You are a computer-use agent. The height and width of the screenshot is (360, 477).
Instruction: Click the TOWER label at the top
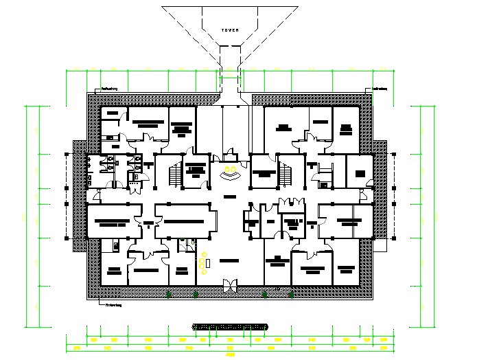click(229, 31)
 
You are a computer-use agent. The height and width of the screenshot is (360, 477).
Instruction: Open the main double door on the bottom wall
click(230, 284)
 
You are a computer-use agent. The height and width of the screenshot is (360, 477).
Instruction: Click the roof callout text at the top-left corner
click(110, 88)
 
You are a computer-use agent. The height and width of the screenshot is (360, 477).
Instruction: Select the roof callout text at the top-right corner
click(380, 88)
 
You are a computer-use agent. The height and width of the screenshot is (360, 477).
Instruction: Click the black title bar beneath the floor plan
click(230, 326)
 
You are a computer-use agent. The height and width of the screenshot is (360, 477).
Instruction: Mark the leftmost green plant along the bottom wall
click(170, 295)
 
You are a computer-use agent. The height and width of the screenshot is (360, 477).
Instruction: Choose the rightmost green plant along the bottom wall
click(291, 295)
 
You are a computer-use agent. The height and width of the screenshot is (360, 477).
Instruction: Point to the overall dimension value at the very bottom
click(230, 355)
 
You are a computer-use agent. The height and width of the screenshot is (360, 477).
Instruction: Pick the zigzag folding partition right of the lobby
click(291, 202)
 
